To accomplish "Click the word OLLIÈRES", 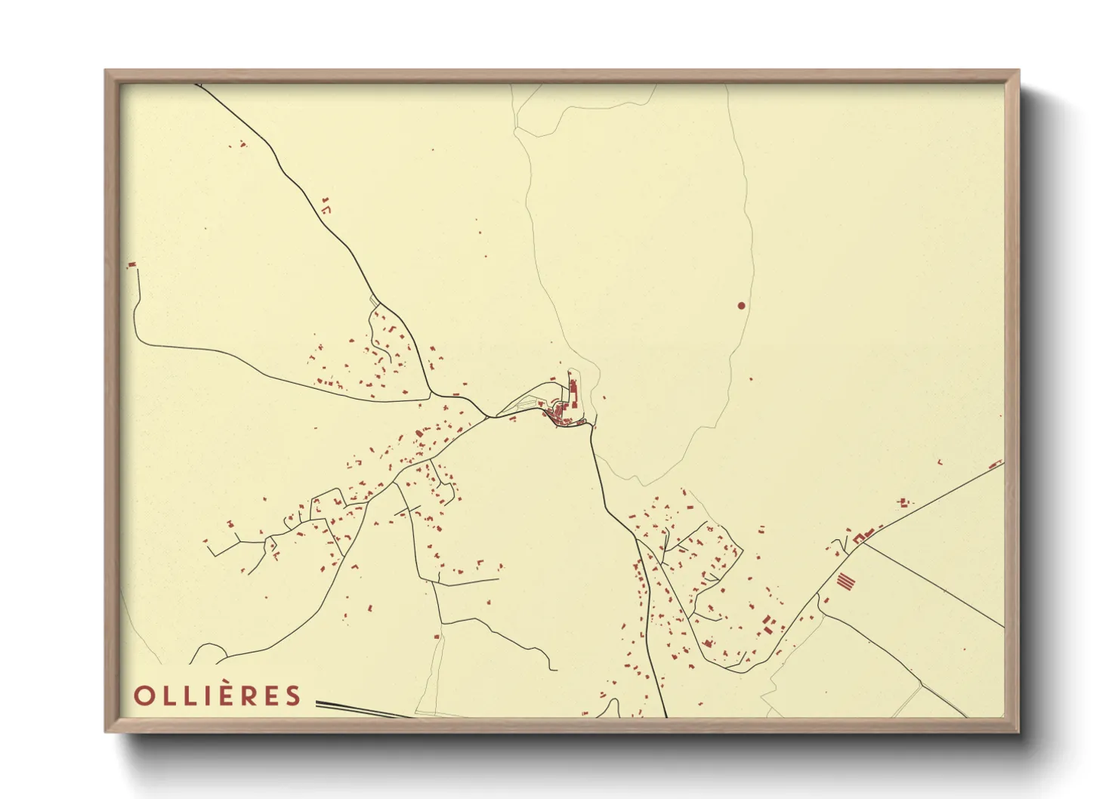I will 218,696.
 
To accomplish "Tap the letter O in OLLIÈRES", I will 144,696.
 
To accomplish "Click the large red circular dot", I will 741,306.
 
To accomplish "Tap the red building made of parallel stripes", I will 846,582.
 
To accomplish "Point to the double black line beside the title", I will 363,709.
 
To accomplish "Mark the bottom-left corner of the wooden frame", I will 107,730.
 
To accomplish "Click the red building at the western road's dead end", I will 132,264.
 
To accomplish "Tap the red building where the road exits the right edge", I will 996,464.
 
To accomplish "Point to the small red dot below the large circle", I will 751,380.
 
